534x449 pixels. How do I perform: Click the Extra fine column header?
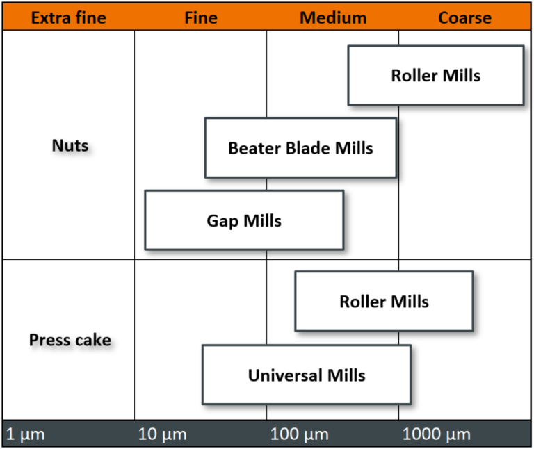(68, 17)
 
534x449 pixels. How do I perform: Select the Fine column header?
(201, 17)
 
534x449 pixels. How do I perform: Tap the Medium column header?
(333, 17)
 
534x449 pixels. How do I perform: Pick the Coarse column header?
(464, 17)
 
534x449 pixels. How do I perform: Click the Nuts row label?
(70, 146)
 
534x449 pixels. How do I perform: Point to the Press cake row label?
(70, 341)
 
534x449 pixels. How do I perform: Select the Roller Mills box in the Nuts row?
(435, 75)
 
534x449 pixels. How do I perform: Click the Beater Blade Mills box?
(300, 147)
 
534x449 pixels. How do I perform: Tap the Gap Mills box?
(244, 220)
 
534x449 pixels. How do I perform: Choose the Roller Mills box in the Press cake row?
(384, 301)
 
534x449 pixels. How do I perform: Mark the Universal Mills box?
(306, 375)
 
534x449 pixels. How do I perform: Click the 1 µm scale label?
(25, 435)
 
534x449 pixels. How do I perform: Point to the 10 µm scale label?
(163, 435)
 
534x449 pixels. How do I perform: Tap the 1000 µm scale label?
(436, 435)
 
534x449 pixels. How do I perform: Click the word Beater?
(254, 148)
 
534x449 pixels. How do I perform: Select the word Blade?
(307, 148)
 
